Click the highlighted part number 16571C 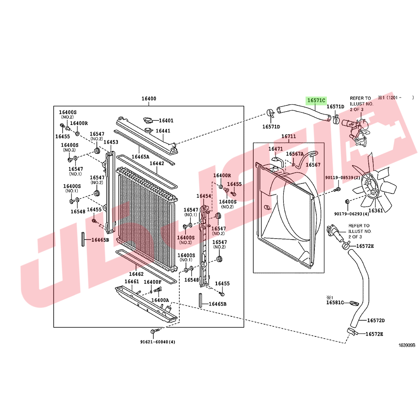(316, 100)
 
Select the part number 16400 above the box (149, 99)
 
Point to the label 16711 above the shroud (289, 137)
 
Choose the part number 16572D (376, 321)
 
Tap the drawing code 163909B (407, 345)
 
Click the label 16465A (140, 157)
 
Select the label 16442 (157, 163)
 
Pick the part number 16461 (132, 281)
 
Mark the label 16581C (335, 303)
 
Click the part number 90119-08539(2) (343, 178)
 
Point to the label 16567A (295, 154)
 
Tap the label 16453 (111, 142)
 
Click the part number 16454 (204, 196)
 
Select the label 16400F (153, 282)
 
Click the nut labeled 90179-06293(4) (347, 201)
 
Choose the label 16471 (275, 149)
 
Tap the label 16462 (136, 274)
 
